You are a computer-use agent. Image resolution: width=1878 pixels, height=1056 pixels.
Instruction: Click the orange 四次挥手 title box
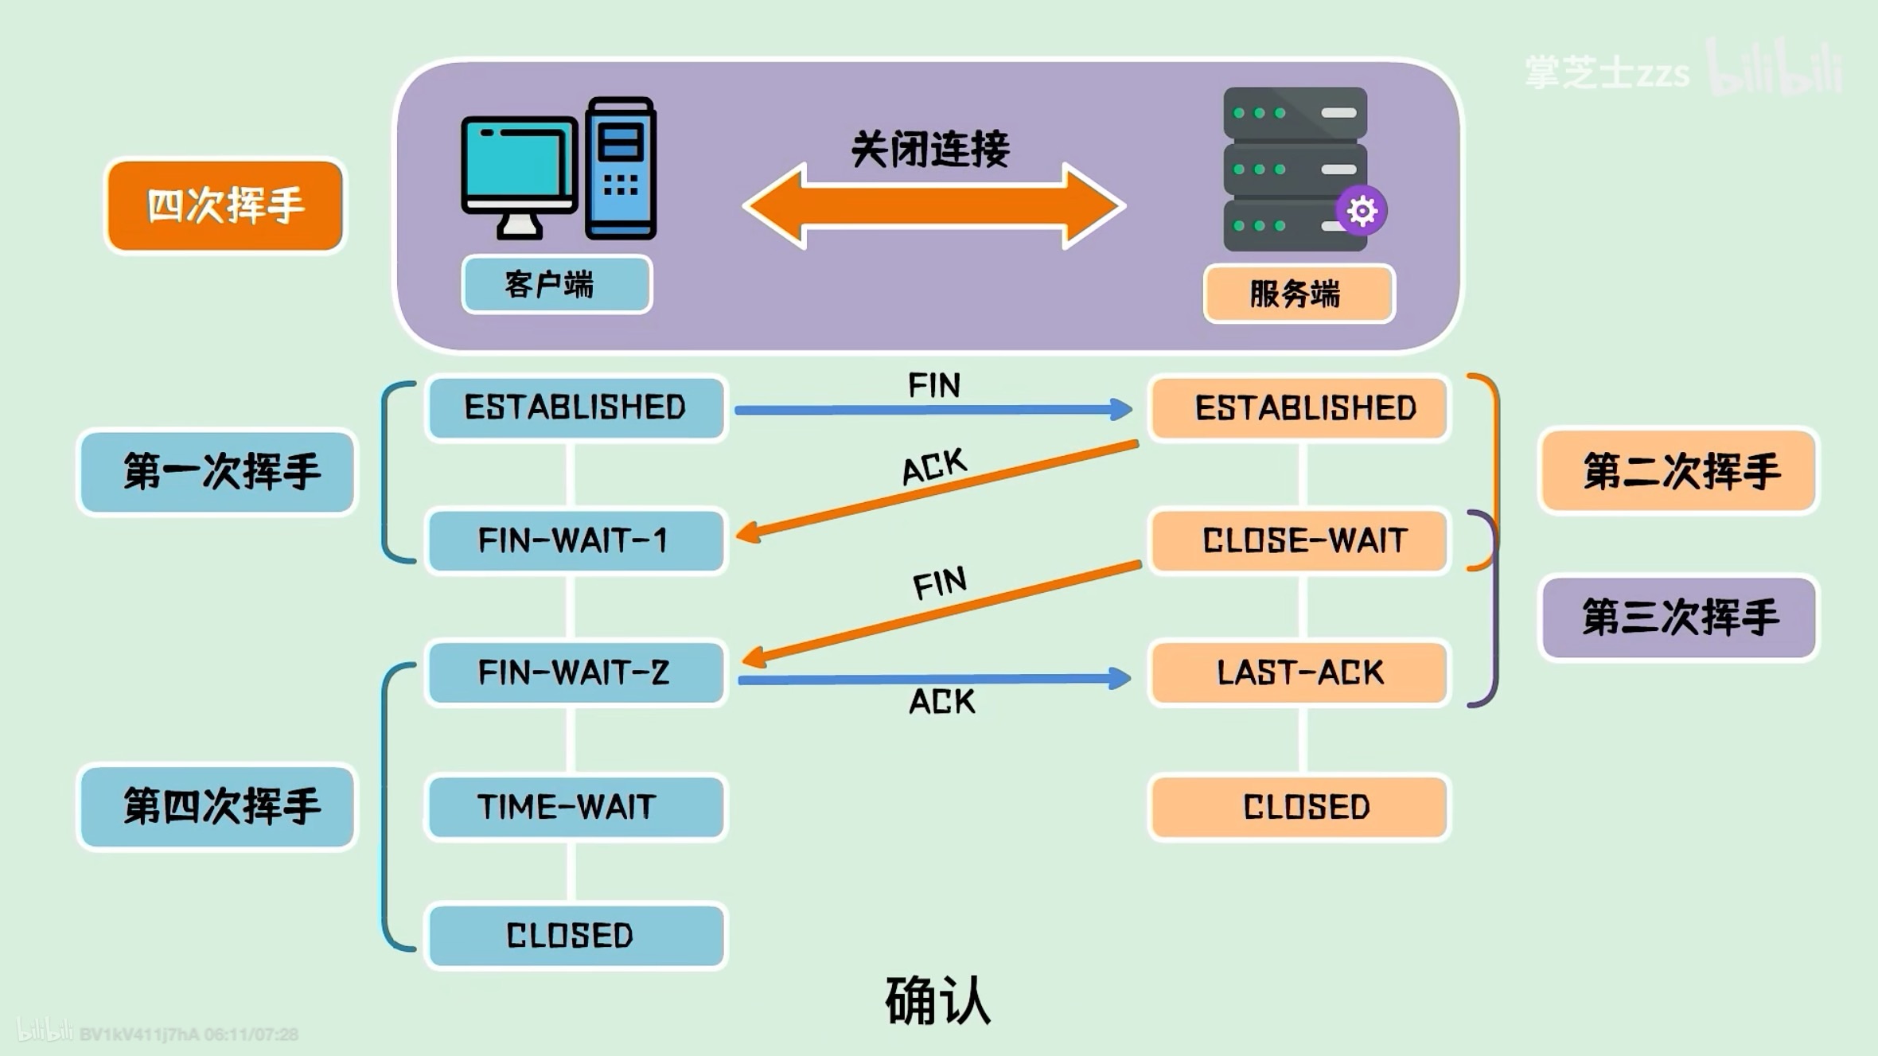pyautogui.click(x=225, y=205)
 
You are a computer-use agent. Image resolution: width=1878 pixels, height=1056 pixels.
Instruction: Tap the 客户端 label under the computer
pyautogui.click(x=556, y=284)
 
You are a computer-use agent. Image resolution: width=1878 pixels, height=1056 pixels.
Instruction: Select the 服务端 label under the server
pyautogui.click(x=1299, y=294)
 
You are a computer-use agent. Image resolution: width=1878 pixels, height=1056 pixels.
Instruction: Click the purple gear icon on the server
pyautogui.click(x=1361, y=211)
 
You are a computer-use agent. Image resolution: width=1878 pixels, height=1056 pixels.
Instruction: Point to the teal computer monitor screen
pyautogui.click(x=518, y=164)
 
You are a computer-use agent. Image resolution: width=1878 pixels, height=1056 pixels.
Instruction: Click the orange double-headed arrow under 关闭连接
pyautogui.click(x=933, y=206)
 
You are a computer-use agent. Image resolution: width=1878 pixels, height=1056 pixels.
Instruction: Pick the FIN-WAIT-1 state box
pyautogui.click(x=575, y=540)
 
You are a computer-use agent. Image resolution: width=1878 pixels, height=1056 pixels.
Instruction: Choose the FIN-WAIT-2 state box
pyautogui.click(x=575, y=672)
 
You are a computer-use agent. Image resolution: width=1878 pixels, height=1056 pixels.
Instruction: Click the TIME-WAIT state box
pyautogui.click(x=575, y=806)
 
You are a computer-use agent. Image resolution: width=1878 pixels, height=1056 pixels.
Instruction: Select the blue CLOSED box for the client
pyautogui.click(x=575, y=935)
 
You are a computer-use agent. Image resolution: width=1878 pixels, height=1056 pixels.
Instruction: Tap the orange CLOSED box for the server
pyautogui.click(x=1299, y=807)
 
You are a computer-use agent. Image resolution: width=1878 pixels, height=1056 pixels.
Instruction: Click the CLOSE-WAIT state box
pyautogui.click(x=1299, y=540)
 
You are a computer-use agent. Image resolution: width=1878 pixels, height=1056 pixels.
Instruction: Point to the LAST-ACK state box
pyautogui.click(x=1299, y=672)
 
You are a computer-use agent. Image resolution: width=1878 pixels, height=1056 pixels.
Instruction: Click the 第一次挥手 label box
pyautogui.click(x=217, y=472)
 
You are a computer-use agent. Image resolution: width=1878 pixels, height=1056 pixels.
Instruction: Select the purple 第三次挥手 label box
pyautogui.click(x=1679, y=618)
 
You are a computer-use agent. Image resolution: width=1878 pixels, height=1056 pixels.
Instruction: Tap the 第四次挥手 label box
pyautogui.click(x=217, y=807)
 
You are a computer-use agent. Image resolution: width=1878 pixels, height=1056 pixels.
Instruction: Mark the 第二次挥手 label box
pyautogui.click(x=1679, y=471)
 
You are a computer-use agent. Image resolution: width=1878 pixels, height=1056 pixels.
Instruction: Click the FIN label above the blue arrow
pyautogui.click(x=934, y=385)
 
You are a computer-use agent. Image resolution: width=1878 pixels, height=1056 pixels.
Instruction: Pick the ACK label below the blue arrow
pyautogui.click(x=941, y=702)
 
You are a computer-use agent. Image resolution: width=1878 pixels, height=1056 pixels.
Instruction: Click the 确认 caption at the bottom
pyautogui.click(x=937, y=1001)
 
